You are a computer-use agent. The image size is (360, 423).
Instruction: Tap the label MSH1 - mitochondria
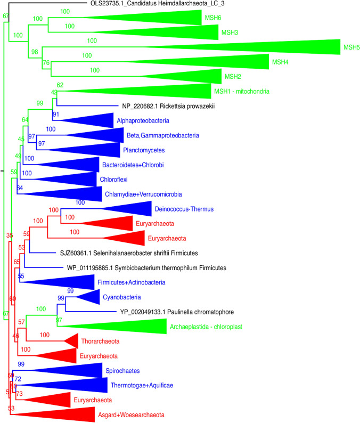(242, 91)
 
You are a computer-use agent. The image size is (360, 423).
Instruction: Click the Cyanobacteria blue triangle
(89, 297)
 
